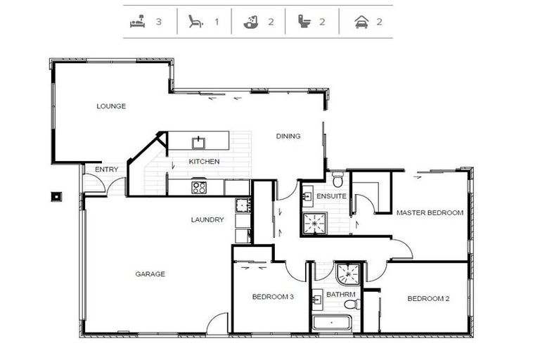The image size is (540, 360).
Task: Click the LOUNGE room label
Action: [x=111, y=106]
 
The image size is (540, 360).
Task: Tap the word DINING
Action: [x=288, y=136]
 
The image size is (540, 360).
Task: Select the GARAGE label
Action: [x=150, y=274]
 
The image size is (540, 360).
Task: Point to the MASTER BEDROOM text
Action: [x=430, y=212]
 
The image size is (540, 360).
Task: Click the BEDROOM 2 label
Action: [x=428, y=298]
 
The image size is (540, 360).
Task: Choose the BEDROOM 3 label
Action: [x=273, y=297]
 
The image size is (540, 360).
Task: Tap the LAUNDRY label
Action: [x=207, y=219]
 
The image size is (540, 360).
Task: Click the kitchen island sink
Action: [x=199, y=142]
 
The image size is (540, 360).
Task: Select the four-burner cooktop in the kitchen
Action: [x=199, y=188]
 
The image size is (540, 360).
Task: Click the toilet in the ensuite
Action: [x=337, y=179]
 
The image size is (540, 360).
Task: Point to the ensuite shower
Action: [x=314, y=223]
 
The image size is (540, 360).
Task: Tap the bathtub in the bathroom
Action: [x=332, y=323]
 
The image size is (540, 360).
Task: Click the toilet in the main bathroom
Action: [x=352, y=304]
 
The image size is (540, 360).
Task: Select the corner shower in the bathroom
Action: [x=349, y=274]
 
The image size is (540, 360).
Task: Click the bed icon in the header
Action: [x=138, y=21]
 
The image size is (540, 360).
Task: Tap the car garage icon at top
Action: [x=361, y=22]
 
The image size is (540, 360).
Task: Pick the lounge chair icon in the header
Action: [x=195, y=21]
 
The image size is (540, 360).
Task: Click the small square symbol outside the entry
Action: [x=56, y=196]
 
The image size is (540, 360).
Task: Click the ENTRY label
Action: [x=106, y=169]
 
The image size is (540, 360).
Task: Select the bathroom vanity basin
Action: [x=317, y=300]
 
